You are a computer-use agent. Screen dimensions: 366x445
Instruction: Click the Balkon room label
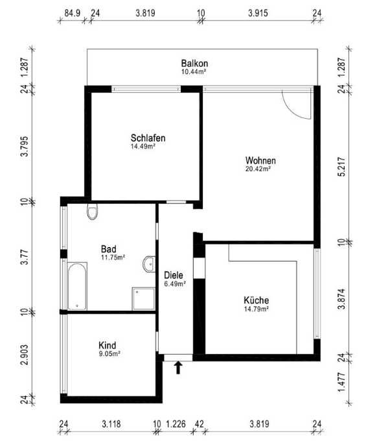tap(194, 63)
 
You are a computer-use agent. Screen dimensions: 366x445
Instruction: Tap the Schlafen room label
tap(148, 138)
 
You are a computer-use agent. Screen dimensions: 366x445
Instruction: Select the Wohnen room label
tap(260, 160)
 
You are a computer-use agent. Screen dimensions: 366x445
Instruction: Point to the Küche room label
tap(257, 300)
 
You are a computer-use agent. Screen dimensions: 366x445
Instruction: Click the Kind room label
tap(107, 345)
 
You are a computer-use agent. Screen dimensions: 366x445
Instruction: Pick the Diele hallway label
tap(174, 275)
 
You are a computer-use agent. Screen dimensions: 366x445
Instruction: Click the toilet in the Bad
tap(92, 211)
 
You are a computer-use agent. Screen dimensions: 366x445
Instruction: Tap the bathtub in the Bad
tap(77, 286)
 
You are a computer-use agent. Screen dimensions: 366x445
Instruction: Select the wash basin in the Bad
tap(150, 264)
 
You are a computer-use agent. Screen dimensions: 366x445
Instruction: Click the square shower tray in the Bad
tap(143, 299)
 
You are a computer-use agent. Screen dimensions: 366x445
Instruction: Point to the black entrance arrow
tap(178, 368)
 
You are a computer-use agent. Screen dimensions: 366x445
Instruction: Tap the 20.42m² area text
tap(258, 169)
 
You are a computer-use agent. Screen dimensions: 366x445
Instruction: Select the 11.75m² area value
tap(113, 258)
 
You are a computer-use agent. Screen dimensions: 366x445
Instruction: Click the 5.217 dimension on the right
tap(342, 167)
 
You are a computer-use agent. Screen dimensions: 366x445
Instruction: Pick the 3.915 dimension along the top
tap(258, 13)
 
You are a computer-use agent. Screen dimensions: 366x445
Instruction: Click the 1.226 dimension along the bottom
tap(176, 424)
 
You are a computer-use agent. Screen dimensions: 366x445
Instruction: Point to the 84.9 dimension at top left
tap(73, 13)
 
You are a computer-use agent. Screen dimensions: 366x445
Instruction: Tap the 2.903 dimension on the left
tap(25, 354)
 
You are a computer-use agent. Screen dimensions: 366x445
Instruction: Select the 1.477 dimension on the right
tap(342, 381)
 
